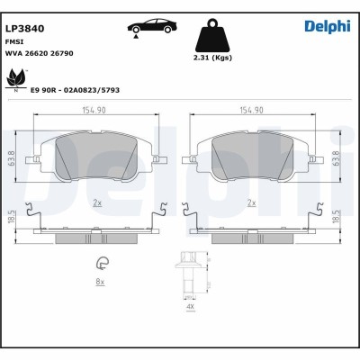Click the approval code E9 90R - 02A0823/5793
[75, 91]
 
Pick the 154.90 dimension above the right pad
[251, 111]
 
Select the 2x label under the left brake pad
[96, 204]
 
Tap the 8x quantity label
[101, 283]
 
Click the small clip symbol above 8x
[102, 264]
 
